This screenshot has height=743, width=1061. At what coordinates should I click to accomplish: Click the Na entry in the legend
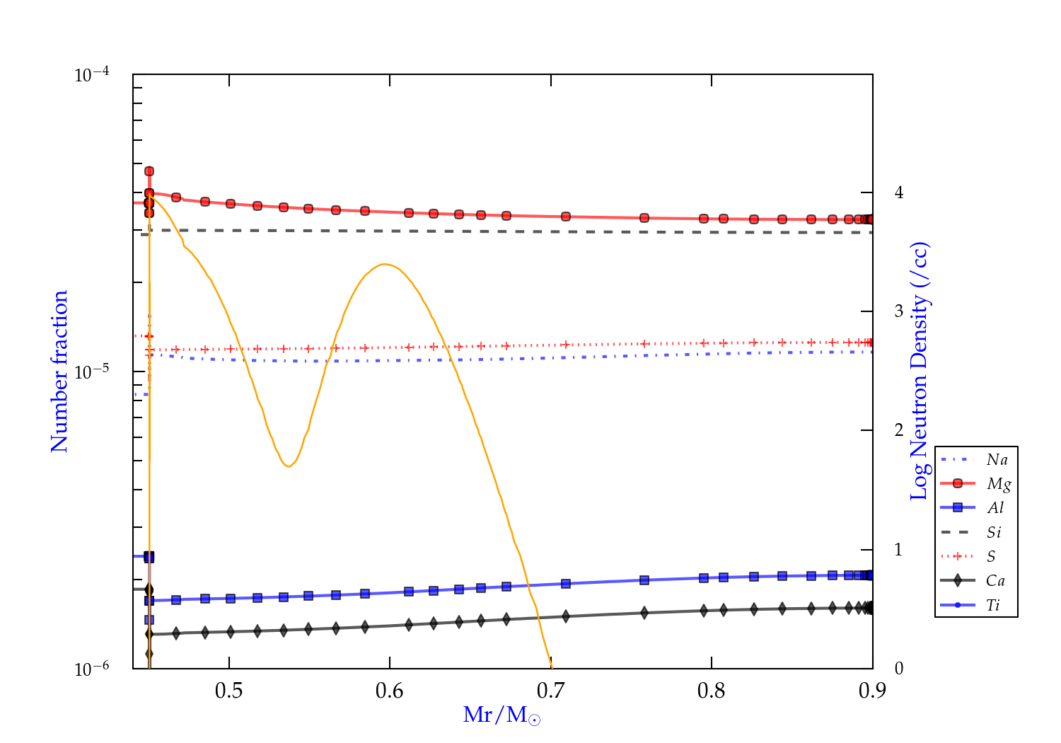click(997, 460)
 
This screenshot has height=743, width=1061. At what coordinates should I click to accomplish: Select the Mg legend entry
click(998, 484)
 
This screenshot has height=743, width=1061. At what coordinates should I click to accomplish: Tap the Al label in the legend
click(996, 508)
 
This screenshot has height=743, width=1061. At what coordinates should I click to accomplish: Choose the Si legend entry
click(994, 532)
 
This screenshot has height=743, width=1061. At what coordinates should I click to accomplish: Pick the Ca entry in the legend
click(995, 581)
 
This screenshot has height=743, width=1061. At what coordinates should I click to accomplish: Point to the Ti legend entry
click(993, 605)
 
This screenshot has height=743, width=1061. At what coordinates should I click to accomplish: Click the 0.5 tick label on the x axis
click(229, 691)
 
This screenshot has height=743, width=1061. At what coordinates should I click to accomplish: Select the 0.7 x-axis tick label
click(550, 691)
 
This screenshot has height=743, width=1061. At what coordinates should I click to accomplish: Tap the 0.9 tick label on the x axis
click(872, 691)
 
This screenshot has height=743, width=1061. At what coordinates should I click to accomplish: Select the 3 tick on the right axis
click(899, 311)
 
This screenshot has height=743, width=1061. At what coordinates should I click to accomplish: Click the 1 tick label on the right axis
click(899, 550)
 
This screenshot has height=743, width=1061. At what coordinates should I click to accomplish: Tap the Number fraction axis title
click(59, 371)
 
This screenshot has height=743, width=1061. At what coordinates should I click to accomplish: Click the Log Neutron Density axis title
click(919, 371)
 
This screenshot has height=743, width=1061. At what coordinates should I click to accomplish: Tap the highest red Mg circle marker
click(149, 171)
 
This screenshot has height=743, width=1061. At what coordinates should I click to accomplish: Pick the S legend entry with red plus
click(991, 557)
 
